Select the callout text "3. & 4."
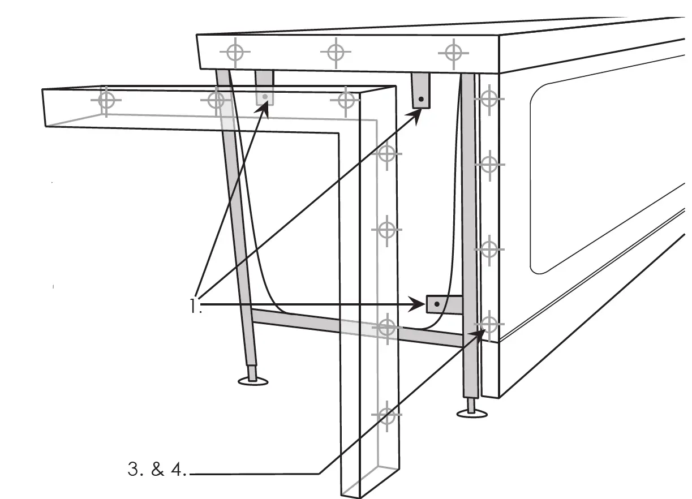click(157, 470)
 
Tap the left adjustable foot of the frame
click(253, 378)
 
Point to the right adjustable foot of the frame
click(471, 410)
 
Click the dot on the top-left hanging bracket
click(265, 97)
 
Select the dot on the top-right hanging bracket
click(421, 100)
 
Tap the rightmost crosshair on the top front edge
click(453, 53)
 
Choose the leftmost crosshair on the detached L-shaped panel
click(106, 100)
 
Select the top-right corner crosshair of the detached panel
click(346, 101)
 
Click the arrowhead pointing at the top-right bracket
click(418, 114)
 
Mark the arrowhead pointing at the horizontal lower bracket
click(420, 305)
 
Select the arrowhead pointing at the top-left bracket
click(264, 111)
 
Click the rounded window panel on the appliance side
click(605, 175)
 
